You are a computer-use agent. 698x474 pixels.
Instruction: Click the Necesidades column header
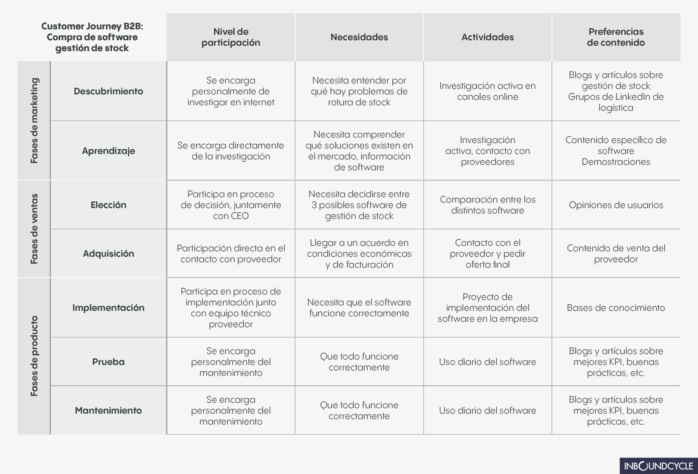click(359, 37)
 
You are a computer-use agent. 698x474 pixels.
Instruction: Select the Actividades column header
click(487, 37)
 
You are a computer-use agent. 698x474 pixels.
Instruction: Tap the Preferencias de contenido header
click(616, 37)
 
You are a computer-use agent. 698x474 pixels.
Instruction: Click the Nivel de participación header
click(231, 37)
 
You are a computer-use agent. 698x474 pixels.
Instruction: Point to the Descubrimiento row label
click(108, 91)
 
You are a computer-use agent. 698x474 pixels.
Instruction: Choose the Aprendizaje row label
click(108, 151)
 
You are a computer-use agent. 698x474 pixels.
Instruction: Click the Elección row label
click(108, 205)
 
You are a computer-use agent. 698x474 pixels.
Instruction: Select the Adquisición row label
click(108, 254)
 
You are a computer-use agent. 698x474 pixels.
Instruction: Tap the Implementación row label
click(108, 308)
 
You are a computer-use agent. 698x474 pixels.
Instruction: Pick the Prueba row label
click(108, 362)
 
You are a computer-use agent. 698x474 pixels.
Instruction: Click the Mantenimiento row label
click(108, 410)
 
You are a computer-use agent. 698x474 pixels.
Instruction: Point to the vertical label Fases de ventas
click(34, 229)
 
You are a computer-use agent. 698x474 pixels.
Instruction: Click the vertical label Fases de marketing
click(34, 121)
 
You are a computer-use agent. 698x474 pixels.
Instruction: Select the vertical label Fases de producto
click(34, 356)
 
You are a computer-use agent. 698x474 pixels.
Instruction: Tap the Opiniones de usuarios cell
click(616, 205)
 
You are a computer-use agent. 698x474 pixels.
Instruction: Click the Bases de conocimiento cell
click(616, 308)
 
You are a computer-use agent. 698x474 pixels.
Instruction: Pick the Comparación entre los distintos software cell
click(487, 205)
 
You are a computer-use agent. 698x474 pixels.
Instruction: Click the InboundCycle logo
click(658, 466)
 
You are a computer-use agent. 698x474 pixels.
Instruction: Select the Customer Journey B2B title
click(92, 37)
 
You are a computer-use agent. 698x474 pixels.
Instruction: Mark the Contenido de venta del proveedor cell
click(616, 254)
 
